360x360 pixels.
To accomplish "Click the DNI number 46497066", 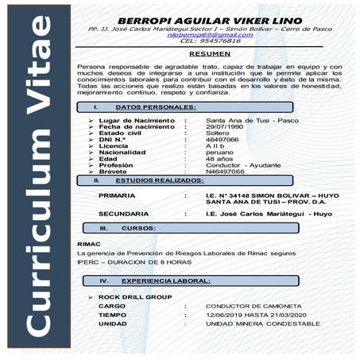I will [222, 139].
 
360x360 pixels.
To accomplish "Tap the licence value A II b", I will [216, 145].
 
